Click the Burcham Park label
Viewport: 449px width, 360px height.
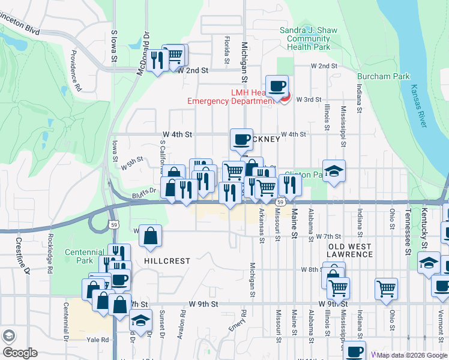[x=384, y=76]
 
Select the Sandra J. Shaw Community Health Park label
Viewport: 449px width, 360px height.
[x=305, y=38]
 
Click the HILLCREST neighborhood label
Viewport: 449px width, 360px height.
[x=167, y=262]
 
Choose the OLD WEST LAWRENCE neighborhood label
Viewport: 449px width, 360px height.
[x=350, y=250]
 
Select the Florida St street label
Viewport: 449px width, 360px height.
[x=227, y=50]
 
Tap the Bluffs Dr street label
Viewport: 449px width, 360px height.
[x=144, y=193]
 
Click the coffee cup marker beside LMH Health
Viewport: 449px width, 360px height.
[x=277, y=86]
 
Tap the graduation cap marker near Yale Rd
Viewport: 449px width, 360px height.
[x=141, y=322]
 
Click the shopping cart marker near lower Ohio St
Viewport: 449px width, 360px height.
[x=386, y=288]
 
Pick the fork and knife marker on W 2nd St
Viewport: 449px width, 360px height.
[x=157, y=59]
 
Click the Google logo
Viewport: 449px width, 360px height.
[x=20, y=353]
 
